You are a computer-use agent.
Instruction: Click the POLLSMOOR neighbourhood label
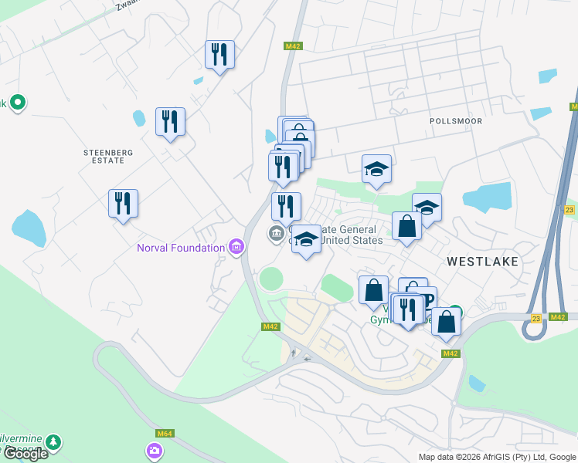tap(456, 121)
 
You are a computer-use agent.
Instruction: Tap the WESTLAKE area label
tap(482, 262)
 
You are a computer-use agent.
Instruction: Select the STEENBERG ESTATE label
tap(104, 157)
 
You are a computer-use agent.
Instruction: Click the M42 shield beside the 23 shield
tap(559, 317)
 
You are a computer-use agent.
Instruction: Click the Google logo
tap(25, 453)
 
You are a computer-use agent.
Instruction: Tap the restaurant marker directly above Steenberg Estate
tap(170, 122)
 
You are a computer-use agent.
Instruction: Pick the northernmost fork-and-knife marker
tap(219, 55)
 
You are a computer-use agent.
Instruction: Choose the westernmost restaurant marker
tap(123, 204)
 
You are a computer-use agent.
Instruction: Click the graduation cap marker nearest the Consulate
tap(306, 240)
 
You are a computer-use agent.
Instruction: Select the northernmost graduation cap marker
tap(376, 170)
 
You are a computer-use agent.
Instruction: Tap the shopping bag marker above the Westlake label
tap(406, 227)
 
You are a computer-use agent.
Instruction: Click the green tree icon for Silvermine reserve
tap(53, 442)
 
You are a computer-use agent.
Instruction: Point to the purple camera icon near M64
tap(155, 450)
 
